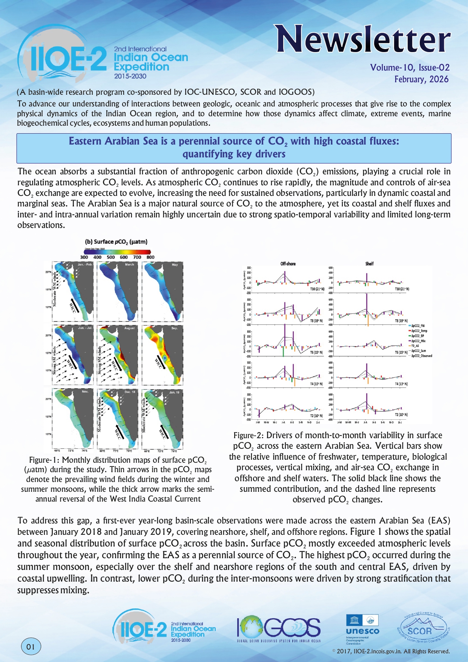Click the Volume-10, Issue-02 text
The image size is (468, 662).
410,68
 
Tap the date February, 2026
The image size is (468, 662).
421,79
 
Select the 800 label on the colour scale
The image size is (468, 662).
150,257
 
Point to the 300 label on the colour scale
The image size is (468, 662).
84,257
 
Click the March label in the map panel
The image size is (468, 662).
129,265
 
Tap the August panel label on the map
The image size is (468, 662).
129,328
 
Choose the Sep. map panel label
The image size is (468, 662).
174,328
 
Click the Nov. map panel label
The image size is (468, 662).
85,392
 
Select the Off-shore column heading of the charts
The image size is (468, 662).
288,264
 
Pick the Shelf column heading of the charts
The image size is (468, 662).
369,264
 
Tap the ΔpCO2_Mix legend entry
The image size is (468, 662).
418,341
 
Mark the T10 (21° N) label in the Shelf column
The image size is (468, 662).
402,289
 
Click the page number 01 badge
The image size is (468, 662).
31,647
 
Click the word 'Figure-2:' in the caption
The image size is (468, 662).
249,436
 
